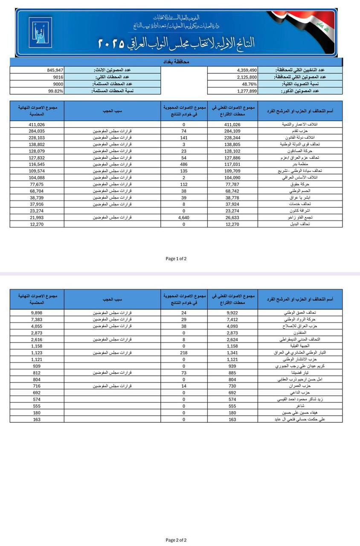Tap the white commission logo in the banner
[x=40, y=32]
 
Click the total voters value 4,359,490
[x=247, y=70]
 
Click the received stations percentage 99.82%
[x=56, y=91]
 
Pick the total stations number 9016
[x=58, y=77]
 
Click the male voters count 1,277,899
[x=247, y=91]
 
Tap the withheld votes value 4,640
[x=184, y=217]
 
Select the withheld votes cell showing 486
[x=184, y=164]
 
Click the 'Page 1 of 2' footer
[x=176, y=258]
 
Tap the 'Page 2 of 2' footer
[x=176, y=540]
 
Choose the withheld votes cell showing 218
[x=184, y=353]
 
